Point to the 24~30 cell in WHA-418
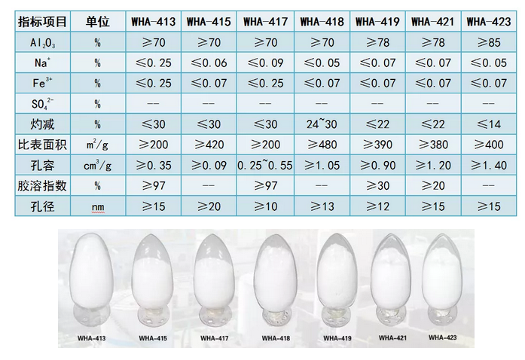click(x=322, y=124)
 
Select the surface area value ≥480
click(x=322, y=145)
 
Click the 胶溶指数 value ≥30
click(x=377, y=185)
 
